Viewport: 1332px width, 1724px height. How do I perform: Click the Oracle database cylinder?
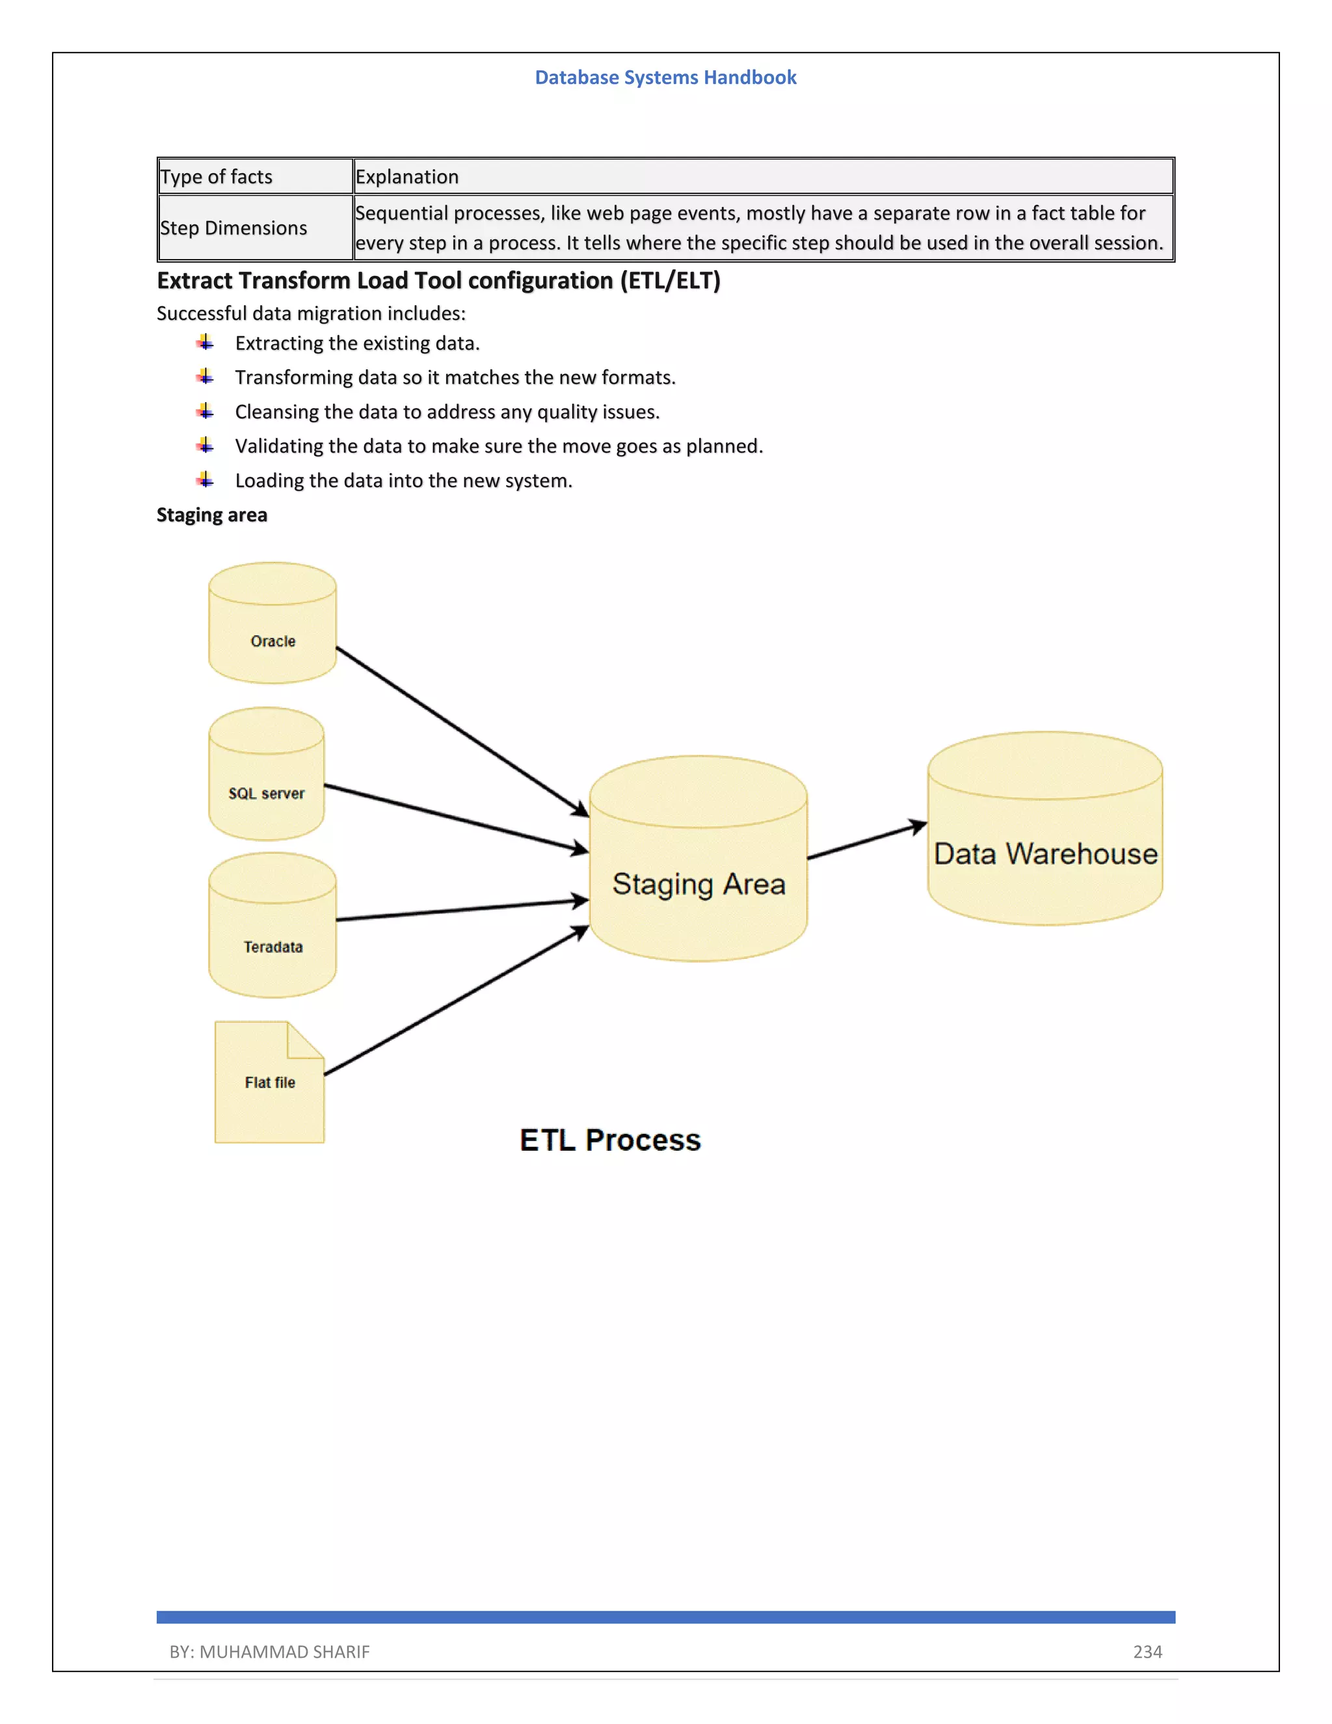coord(273,624)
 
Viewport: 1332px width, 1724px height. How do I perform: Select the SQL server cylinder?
coord(267,775)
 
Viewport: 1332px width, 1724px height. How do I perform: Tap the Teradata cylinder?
coord(273,926)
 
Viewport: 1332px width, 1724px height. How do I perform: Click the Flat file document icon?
coord(269,1083)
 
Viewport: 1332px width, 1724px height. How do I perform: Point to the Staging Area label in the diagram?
coord(699,884)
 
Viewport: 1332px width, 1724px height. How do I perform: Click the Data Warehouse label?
coord(1045,854)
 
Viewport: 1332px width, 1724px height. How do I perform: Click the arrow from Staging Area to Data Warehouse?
coord(866,841)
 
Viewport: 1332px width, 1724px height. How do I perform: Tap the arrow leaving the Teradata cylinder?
coord(462,910)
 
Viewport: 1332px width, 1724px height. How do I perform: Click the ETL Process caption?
coord(610,1140)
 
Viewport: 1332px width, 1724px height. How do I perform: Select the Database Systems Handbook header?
coord(665,77)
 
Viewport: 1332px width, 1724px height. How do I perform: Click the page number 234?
coord(1147,1651)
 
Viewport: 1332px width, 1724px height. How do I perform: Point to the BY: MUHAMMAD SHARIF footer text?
coord(269,1651)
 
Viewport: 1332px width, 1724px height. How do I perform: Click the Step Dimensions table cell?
coord(233,228)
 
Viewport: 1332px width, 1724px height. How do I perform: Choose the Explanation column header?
coord(407,177)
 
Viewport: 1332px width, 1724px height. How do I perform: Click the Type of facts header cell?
coord(216,177)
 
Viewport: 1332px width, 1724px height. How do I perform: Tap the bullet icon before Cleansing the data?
coord(205,411)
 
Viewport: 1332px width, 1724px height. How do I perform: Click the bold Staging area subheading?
coord(211,515)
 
